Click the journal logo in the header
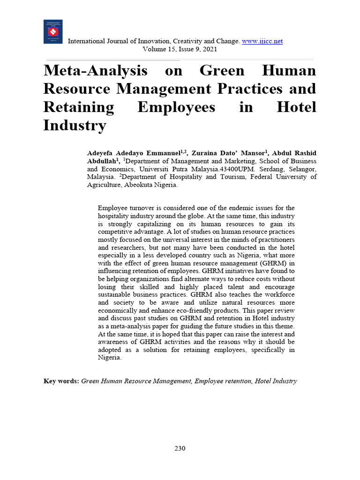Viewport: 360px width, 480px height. coord(53,32)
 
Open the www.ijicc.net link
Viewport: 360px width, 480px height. coord(262,41)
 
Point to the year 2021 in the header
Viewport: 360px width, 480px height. coord(208,49)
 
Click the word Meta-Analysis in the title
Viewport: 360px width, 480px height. coord(95,71)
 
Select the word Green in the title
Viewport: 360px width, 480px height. coord(222,71)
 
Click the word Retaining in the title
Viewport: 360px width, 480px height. coord(78,107)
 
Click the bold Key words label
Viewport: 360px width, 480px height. coord(61,381)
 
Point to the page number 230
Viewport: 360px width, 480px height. coord(180,449)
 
